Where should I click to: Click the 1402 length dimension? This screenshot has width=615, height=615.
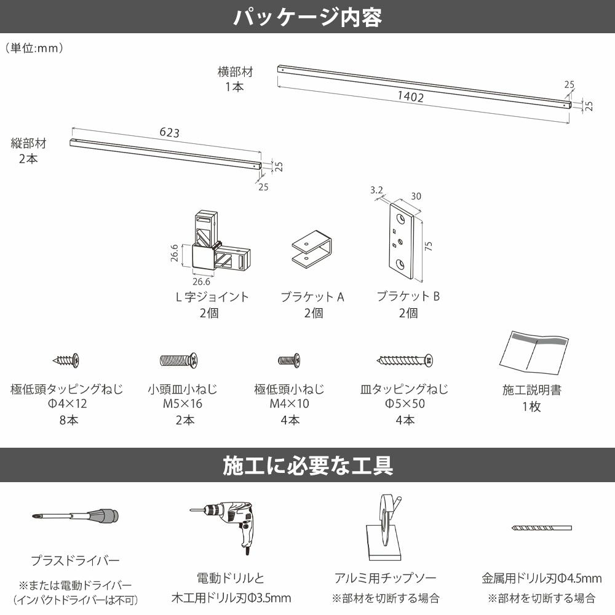(410, 96)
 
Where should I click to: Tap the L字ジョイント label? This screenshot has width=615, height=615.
(212, 296)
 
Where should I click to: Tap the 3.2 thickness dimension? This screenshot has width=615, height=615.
(377, 191)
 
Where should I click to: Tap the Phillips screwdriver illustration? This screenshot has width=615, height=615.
(74, 517)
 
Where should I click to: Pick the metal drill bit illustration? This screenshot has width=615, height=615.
(541, 528)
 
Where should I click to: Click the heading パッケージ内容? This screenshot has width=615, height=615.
(307, 17)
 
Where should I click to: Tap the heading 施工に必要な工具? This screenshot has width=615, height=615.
(307, 466)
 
